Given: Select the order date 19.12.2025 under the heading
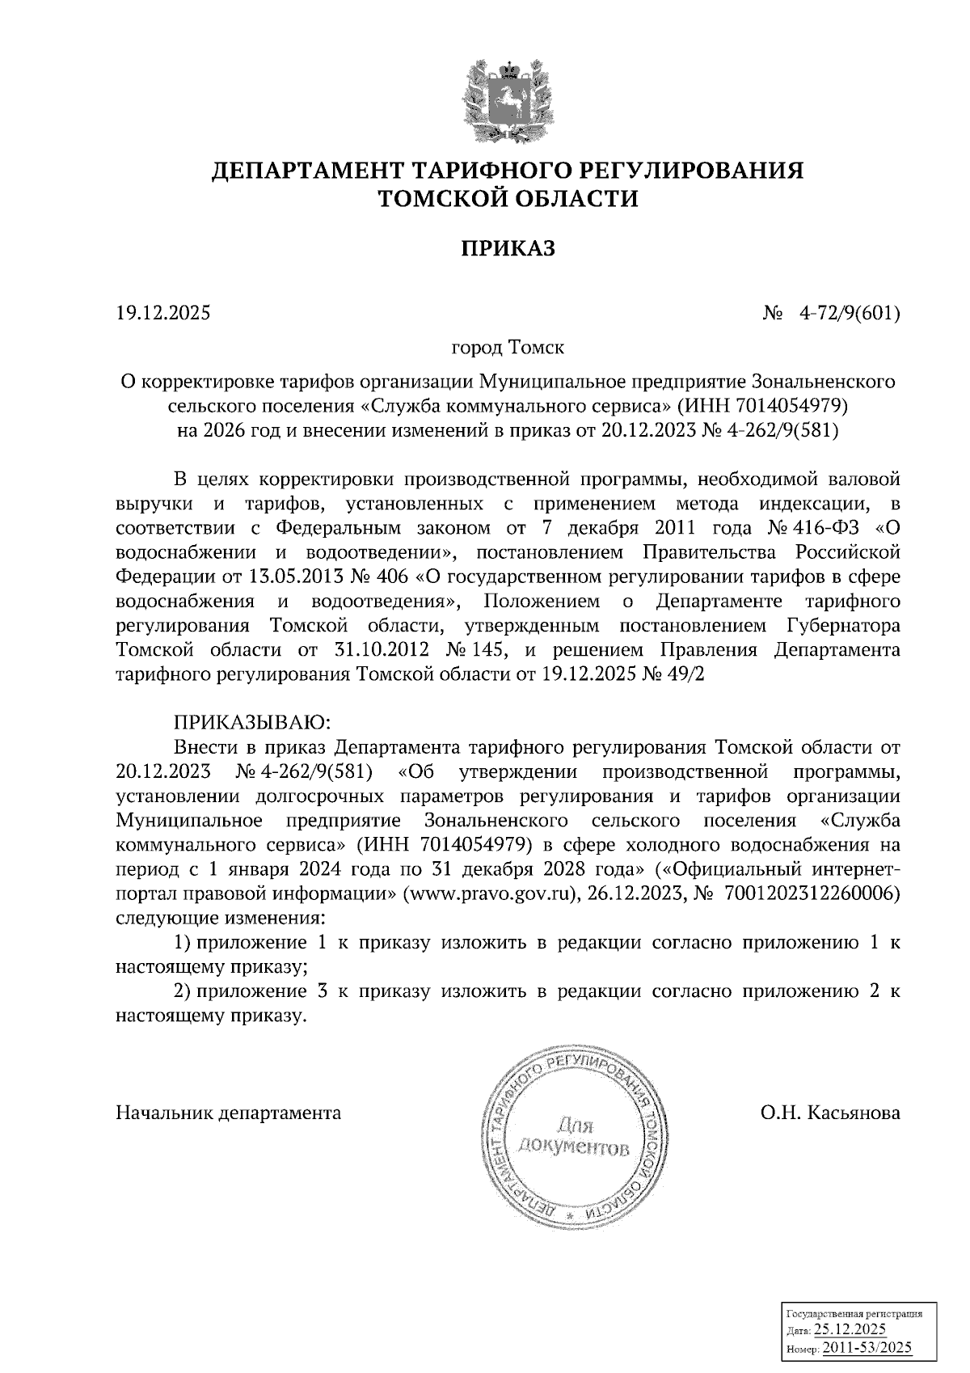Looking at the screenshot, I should point(163,312).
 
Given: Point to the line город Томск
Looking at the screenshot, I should point(508,348).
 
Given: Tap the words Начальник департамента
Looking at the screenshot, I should point(229,1113).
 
